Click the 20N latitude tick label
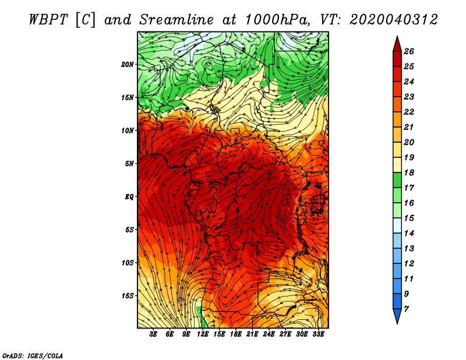128,65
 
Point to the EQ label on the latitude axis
129,197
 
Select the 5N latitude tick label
129,164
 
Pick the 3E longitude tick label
153,334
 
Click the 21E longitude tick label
252,334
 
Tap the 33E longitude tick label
318,334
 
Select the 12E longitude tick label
202,334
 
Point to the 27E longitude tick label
285,334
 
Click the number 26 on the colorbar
409,51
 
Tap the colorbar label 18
409,172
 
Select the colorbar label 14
409,234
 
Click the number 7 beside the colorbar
406,309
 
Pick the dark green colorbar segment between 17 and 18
397,180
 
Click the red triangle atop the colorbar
397,45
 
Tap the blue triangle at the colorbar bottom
397,316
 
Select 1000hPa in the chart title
276,20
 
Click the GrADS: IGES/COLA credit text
33,356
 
